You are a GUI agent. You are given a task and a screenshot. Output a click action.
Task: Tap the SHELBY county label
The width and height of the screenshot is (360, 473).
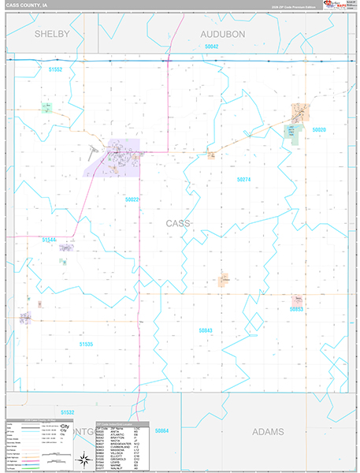point(51,35)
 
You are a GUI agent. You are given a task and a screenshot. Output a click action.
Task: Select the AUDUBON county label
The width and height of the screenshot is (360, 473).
point(223,35)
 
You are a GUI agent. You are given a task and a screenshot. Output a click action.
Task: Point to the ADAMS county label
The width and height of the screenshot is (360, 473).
point(272,432)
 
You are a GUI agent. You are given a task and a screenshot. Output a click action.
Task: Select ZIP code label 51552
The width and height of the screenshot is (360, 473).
point(55,69)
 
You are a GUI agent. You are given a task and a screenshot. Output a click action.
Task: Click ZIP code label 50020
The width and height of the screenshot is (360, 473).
point(318,129)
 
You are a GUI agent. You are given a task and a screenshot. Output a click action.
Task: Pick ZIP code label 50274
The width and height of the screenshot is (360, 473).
point(243,180)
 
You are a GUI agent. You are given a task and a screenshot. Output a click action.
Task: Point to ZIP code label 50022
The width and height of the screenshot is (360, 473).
point(132,199)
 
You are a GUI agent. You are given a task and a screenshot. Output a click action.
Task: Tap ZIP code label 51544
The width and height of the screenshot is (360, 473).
point(50,238)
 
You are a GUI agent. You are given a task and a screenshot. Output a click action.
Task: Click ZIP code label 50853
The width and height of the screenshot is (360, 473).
point(296,310)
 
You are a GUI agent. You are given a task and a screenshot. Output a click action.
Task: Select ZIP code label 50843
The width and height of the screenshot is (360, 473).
point(206,330)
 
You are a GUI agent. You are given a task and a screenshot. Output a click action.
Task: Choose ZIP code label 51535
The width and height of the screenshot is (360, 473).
point(86,344)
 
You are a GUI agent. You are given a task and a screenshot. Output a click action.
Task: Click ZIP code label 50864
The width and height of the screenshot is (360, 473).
point(162,430)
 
